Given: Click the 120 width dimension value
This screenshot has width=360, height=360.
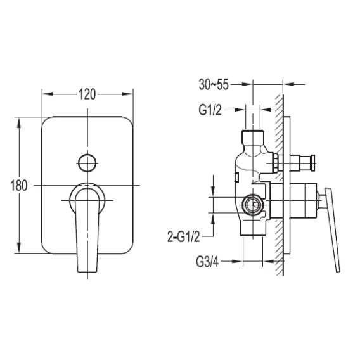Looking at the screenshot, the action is (x=87, y=94).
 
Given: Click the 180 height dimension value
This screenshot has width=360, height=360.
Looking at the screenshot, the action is (x=19, y=186).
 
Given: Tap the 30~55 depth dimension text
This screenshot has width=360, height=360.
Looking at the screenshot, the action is (x=214, y=84).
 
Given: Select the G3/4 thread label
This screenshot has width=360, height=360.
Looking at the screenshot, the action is (x=207, y=262).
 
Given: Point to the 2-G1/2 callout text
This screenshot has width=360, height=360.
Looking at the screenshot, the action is (x=184, y=237).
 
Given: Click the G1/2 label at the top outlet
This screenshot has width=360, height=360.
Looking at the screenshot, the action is (x=210, y=110).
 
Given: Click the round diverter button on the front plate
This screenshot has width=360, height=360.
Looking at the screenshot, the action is (x=87, y=163).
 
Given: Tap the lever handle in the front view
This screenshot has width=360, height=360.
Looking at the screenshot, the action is (x=87, y=229).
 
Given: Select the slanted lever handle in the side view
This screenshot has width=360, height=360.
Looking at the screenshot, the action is (x=333, y=229).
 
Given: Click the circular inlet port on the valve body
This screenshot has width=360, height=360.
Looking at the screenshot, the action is (x=252, y=205).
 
